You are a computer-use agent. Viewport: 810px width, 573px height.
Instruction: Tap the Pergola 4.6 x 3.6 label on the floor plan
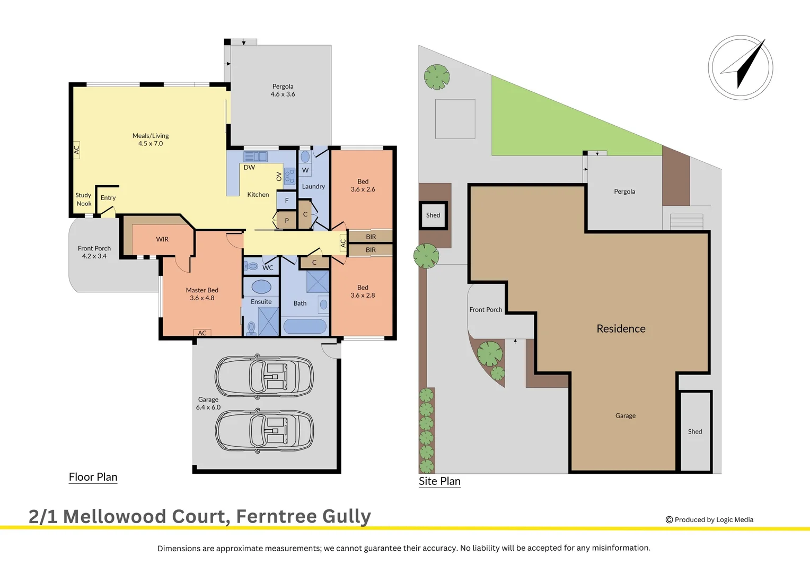(x=283, y=90)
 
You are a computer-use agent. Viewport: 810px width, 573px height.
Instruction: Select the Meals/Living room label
(x=151, y=140)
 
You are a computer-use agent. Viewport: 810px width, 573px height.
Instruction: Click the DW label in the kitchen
(x=249, y=168)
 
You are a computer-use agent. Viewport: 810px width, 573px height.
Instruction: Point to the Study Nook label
(x=84, y=199)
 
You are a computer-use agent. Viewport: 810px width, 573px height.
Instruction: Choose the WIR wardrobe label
(x=162, y=239)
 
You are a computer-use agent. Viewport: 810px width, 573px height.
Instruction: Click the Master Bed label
(x=202, y=294)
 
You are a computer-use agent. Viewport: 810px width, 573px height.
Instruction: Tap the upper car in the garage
(x=264, y=376)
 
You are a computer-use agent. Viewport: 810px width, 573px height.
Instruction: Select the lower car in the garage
(x=264, y=430)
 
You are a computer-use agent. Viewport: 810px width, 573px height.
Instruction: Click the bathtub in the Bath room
(x=305, y=326)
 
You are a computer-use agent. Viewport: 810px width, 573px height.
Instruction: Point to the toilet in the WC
(x=251, y=265)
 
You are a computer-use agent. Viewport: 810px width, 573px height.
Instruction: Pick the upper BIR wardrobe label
(x=371, y=237)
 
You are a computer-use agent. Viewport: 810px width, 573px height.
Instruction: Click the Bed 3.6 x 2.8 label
(x=363, y=291)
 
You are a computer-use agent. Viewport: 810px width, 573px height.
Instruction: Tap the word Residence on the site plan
(x=621, y=329)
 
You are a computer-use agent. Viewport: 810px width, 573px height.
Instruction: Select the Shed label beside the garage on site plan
(x=694, y=431)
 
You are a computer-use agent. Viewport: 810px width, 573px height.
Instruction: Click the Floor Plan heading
(x=93, y=477)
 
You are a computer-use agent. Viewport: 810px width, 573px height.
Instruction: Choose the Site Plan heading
(x=439, y=481)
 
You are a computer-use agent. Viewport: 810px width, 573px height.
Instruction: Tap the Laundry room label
(x=313, y=187)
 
